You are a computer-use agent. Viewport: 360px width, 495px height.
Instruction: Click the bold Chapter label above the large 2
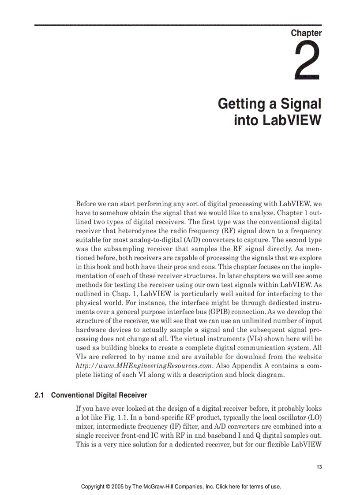pyautogui.click(x=306, y=33)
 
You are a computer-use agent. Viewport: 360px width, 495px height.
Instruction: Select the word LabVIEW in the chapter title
pyautogui.click(x=291, y=120)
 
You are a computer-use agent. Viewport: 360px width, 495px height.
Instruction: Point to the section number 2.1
pyautogui.click(x=40, y=395)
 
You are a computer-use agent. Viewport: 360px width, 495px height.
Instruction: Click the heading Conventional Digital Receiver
pyautogui.click(x=99, y=395)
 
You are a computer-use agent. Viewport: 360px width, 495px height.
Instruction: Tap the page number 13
pyautogui.click(x=319, y=467)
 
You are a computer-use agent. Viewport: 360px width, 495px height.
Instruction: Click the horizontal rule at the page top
pyautogui.click(x=178, y=25)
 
